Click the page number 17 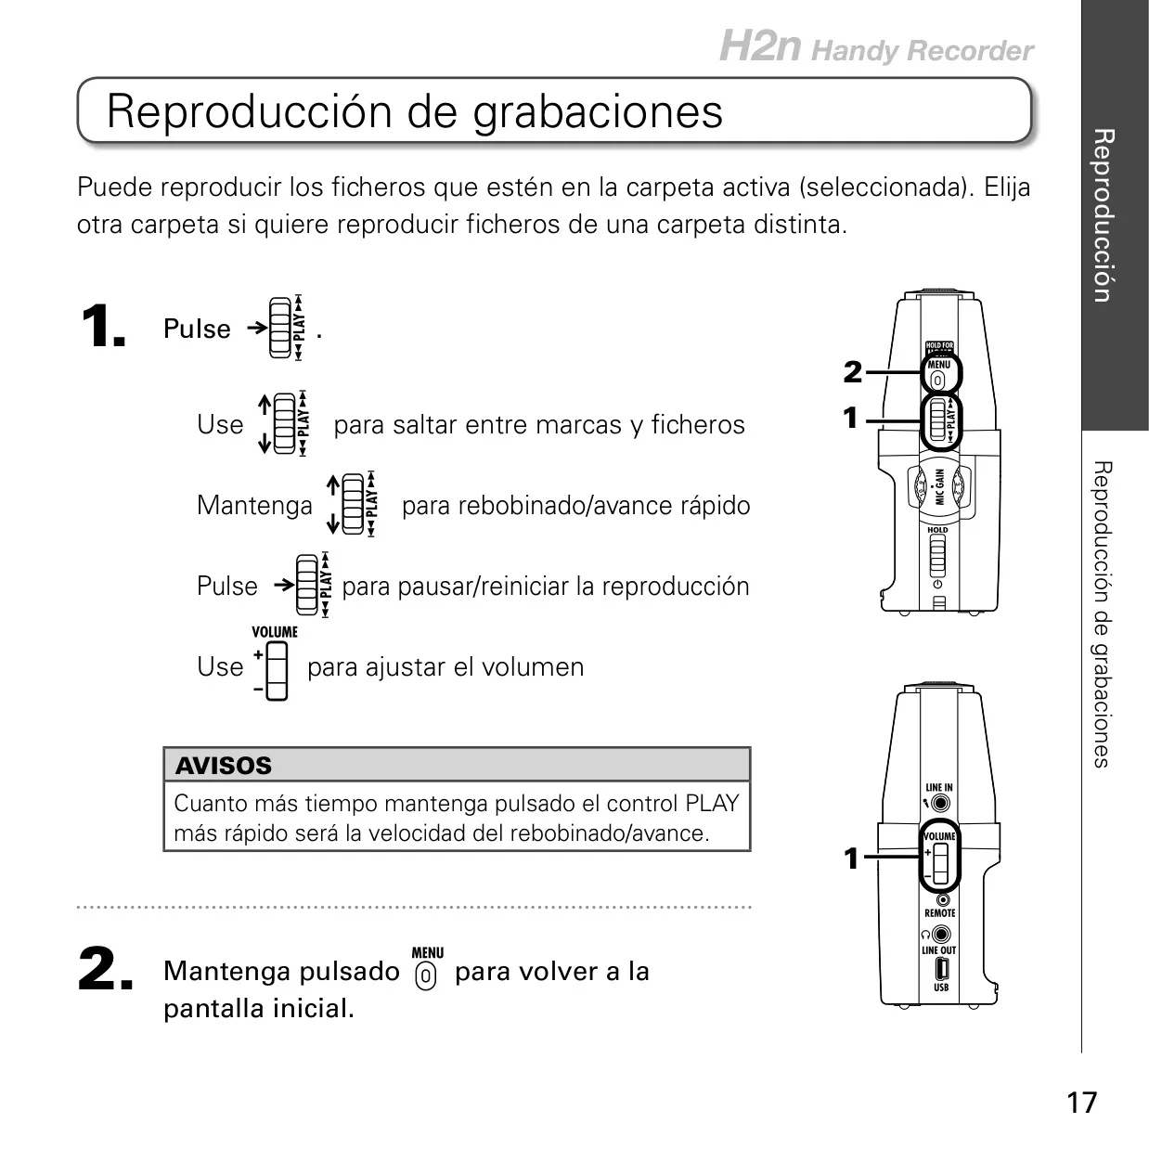pos(1081,1103)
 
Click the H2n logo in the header pos(759,45)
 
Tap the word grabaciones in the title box pos(598,113)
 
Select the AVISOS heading pos(224,766)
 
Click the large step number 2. pos(106,969)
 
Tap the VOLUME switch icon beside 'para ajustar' pos(276,671)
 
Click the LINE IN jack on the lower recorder pos(940,803)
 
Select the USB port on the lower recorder pos(941,969)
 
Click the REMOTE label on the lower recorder pos(940,913)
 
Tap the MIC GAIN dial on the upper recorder pos(939,487)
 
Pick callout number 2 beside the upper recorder pos(853,372)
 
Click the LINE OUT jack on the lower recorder pos(941,933)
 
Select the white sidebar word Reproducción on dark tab pos(1104,216)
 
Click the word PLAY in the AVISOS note pos(712,803)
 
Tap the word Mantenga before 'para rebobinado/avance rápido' pos(254,506)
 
